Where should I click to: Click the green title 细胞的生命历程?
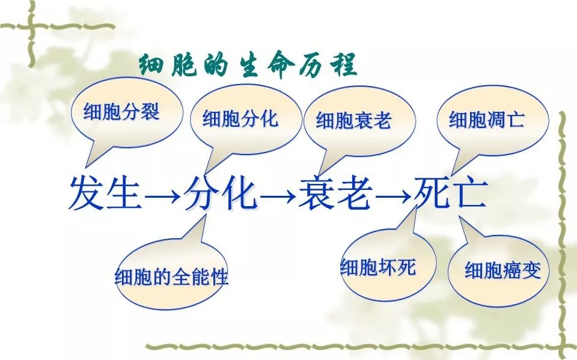(248, 65)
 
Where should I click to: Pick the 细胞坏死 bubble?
(387, 264)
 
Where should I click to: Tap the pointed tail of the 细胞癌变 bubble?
(460, 216)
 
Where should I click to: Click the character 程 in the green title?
(345, 65)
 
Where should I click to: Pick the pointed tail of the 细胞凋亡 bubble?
(452, 175)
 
